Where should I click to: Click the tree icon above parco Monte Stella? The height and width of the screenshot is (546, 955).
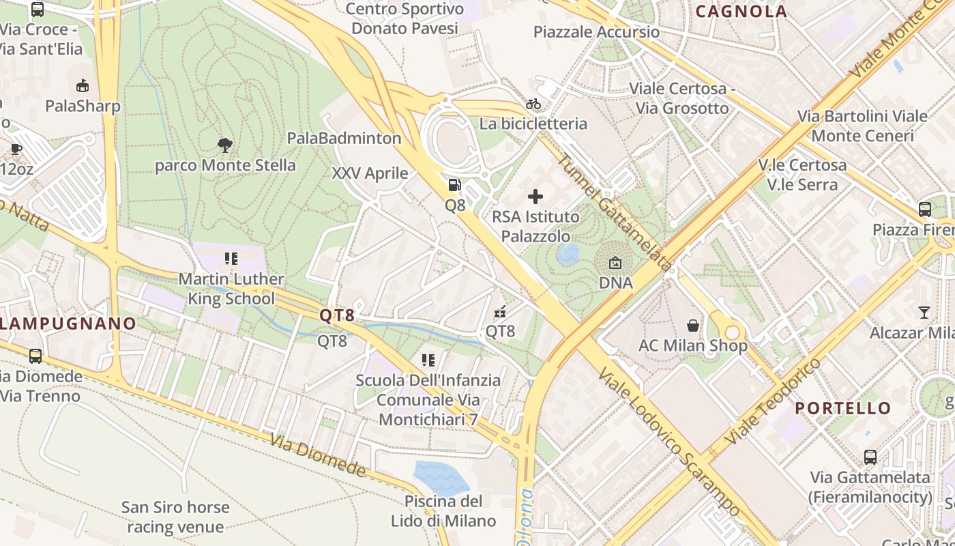[x=224, y=145]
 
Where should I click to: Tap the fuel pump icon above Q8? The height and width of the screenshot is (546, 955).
[x=454, y=184]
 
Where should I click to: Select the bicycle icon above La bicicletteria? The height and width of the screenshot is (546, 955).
[x=533, y=104]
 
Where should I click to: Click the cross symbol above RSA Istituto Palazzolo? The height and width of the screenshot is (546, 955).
[x=535, y=197]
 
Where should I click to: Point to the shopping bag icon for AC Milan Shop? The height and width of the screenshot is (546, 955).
[x=693, y=326]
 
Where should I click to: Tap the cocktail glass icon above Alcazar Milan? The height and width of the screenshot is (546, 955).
[x=924, y=313]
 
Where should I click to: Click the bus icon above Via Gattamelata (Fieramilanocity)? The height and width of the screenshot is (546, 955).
[x=870, y=457]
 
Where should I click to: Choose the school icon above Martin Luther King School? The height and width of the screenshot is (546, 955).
[x=231, y=259]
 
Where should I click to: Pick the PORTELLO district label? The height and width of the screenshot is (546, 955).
[x=843, y=408]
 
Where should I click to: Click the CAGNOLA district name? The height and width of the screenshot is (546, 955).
[x=741, y=11]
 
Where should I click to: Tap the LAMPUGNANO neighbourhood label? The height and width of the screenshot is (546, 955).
[x=68, y=324]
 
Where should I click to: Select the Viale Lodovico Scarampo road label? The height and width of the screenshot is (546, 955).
[x=669, y=443]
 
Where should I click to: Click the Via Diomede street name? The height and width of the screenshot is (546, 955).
[x=318, y=455]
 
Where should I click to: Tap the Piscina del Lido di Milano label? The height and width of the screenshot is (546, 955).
[x=443, y=511]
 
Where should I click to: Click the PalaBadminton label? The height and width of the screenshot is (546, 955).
[x=344, y=138]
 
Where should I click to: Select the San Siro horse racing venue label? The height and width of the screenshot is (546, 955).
[x=175, y=517]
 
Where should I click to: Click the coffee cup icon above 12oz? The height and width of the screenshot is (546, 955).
[x=16, y=149]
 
